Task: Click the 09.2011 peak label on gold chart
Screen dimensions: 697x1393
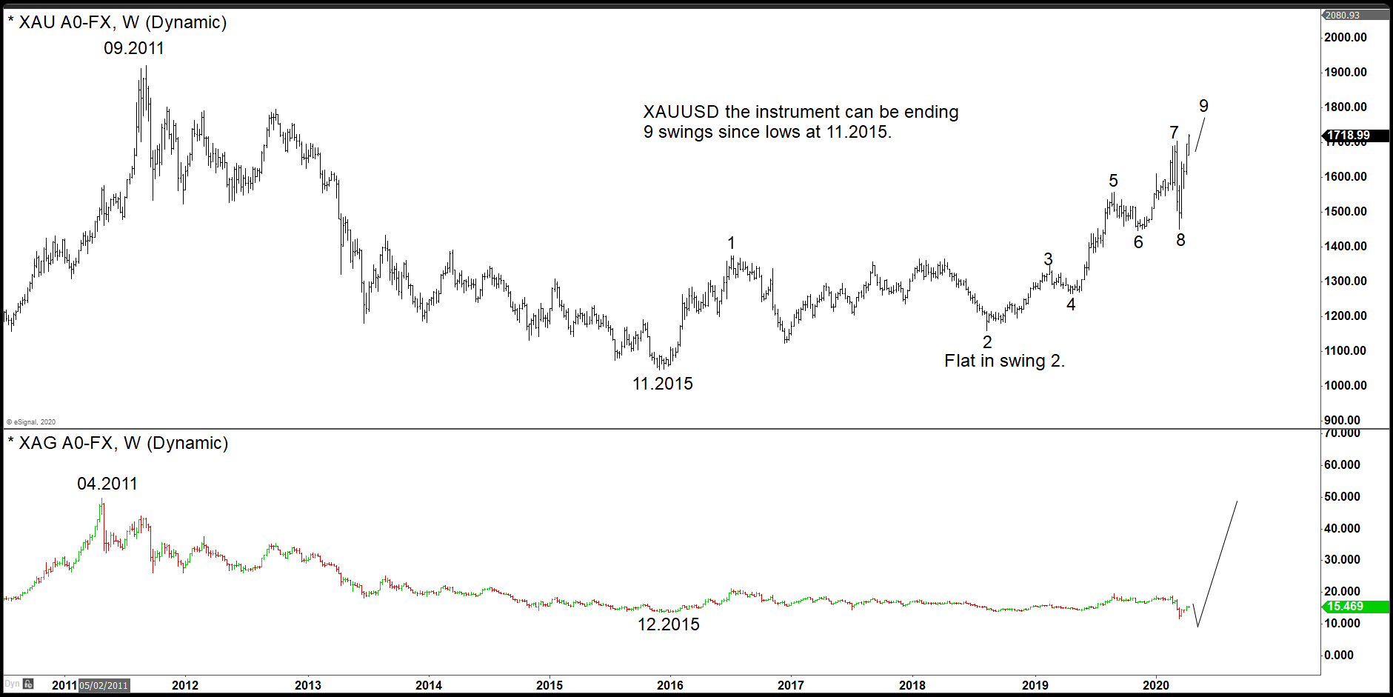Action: tap(133, 49)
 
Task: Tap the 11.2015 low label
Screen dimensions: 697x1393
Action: tap(662, 384)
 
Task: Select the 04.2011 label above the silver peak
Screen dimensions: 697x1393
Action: tap(107, 484)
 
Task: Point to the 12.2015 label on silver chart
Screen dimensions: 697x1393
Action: tap(668, 624)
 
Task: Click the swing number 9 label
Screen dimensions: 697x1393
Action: tap(1203, 107)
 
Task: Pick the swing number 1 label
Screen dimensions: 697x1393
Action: tap(731, 243)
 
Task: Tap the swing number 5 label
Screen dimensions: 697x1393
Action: tap(1113, 181)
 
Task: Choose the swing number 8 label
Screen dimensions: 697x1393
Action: tap(1180, 240)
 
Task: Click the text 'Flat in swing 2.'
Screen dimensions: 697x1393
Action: tap(1003, 361)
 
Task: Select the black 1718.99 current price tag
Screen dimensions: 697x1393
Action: tap(1348, 136)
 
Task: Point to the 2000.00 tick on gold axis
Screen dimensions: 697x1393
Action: tap(1345, 38)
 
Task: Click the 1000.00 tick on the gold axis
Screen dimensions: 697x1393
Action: tap(1345, 385)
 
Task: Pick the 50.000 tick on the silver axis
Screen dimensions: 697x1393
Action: tap(1342, 496)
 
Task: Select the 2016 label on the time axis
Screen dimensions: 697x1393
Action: tap(669, 685)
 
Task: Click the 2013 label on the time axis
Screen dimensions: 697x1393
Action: tap(307, 685)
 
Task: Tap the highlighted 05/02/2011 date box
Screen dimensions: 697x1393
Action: tap(104, 685)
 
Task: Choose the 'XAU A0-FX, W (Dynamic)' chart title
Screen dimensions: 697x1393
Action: tap(122, 22)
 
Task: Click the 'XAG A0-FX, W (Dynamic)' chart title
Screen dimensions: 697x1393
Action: tap(123, 443)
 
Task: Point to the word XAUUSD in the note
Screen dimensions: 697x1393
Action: tap(681, 112)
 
